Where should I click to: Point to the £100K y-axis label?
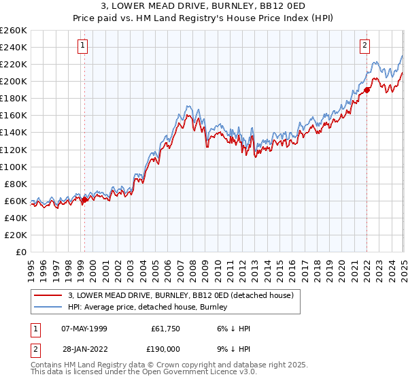(14, 167)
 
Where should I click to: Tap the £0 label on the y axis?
(21, 252)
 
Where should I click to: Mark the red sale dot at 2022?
(367, 89)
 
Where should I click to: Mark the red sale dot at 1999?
(84, 199)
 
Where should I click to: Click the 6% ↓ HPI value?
(232, 329)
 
